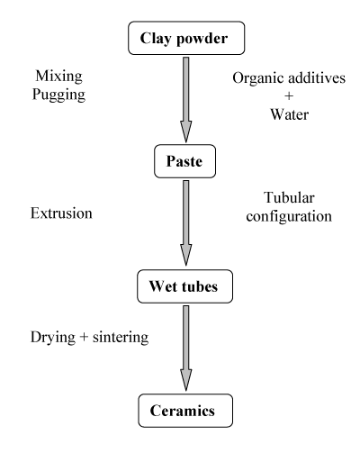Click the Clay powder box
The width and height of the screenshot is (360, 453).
[x=186, y=38]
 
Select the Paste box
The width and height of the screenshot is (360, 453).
[x=184, y=161]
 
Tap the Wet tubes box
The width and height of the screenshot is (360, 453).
[x=184, y=286]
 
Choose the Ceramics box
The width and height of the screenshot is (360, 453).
[x=185, y=411]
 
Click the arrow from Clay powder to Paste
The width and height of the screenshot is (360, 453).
[x=186, y=100]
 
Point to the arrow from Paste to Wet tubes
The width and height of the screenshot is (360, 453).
[x=186, y=223]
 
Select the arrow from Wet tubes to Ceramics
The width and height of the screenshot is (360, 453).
[x=186, y=349]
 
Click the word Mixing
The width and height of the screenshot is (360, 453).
[x=58, y=77]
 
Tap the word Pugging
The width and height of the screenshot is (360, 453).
[x=58, y=95]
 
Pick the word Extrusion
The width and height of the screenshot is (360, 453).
[x=61, y=213]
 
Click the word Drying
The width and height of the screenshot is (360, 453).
[x=53, y=338]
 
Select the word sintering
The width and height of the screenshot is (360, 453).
[x=121, y=338]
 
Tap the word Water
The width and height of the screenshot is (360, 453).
[x=290, y=114]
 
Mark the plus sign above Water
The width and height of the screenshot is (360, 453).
[x=289, y=96]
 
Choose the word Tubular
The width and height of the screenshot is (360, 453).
[x=289, y=198]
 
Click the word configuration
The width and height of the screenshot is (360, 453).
[x=289, y=217]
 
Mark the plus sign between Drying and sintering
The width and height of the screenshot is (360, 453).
[x=84, y=337]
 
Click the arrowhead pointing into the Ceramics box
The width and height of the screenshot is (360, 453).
[x=186, y=380]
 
